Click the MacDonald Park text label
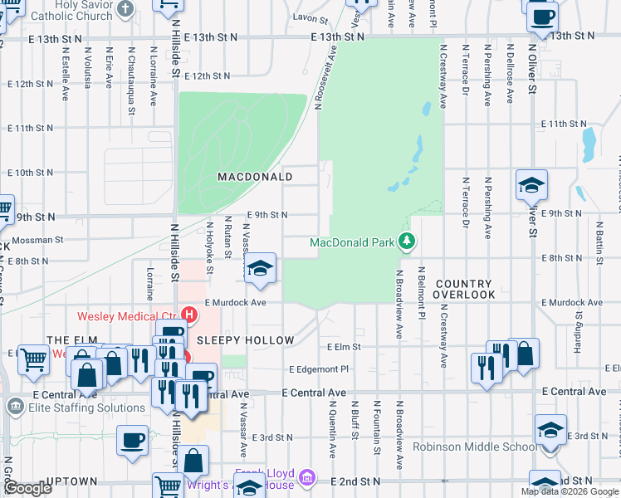click(x=351, y=243)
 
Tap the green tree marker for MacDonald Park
click(x=407, y=242)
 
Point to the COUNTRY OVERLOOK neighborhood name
click(x=464, y=289)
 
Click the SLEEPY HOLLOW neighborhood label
click(x=245, y=341)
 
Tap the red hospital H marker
click(x=189, y=315)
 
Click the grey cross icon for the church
click(x=125, y=9)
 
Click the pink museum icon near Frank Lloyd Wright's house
click(x=306, y=478)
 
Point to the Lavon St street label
click(x=310, y=17)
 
